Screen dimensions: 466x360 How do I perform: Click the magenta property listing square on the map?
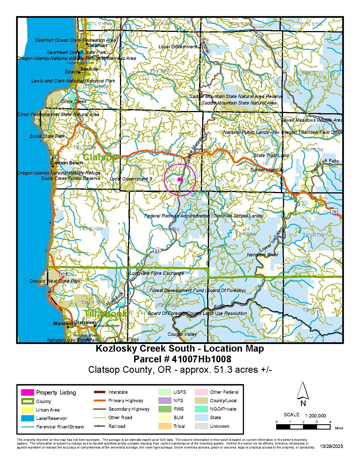point(180,179)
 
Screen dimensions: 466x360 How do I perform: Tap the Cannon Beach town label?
point(67,163)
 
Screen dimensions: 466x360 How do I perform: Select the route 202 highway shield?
point(259,35)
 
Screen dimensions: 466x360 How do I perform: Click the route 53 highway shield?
point(157,251)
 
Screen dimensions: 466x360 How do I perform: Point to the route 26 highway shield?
point(334,212)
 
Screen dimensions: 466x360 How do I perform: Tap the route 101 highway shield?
point(63,274)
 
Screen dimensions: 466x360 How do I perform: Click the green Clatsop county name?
point(100,157)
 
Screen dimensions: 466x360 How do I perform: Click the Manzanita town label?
point(65,323)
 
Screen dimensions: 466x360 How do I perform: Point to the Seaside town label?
point(89,69)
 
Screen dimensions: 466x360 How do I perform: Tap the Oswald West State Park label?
point(55,281)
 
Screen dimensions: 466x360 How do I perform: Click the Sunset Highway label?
point(267,170)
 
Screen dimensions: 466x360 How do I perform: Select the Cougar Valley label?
point(182,334)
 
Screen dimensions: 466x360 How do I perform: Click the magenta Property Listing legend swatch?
point(27,393)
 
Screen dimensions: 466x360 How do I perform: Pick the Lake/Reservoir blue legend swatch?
point(27,418)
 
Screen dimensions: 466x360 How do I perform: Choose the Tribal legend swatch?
point(165,426)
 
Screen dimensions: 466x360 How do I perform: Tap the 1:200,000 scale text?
point(315,416)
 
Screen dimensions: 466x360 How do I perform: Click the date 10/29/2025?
point(331,446)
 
